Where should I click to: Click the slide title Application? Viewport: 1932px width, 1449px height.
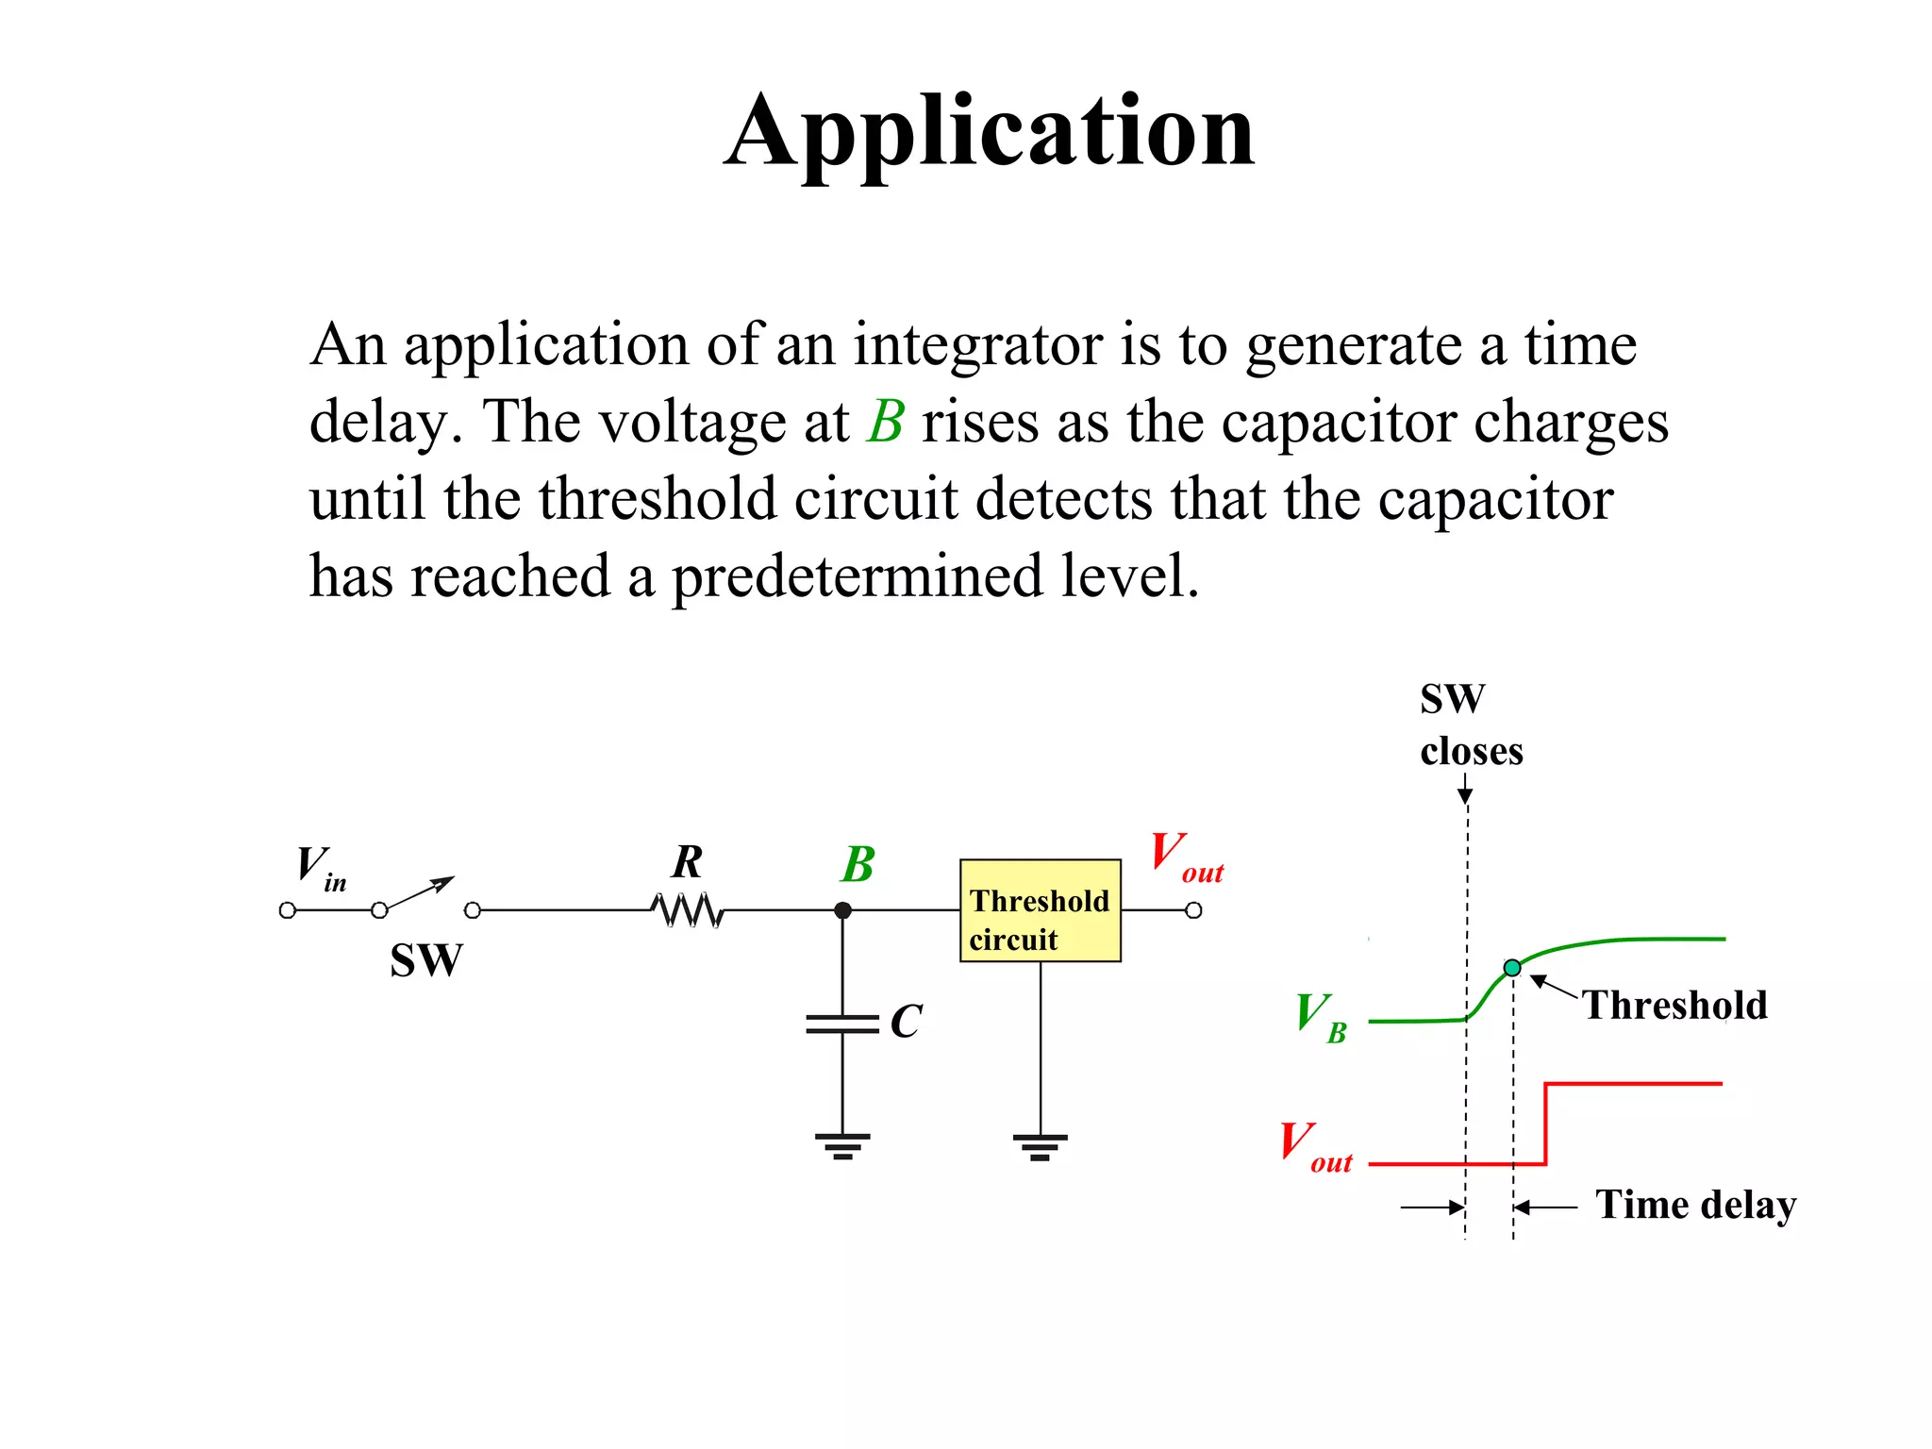click(x=990, y=132)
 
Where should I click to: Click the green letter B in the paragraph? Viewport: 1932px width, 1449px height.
click(x=886, y=422)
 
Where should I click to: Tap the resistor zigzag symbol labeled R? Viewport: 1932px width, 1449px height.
click(x=688, y=910)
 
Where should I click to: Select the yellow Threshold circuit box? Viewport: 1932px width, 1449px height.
click(x=1040, y=910)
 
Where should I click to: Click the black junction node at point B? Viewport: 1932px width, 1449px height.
click(x=842, y=910)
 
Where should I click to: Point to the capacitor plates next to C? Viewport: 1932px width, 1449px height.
click(x=842, y=1024)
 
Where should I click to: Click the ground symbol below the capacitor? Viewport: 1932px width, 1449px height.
click(x=842, y=1145)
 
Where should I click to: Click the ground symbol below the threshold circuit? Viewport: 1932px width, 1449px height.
click(x=1040, y=1145)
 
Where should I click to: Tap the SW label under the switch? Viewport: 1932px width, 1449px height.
click(x=426, y=961)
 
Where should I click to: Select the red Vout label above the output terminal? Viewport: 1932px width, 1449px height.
click(x=1186, y=857)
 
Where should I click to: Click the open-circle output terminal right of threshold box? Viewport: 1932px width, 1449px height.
click(x=1193, y=910)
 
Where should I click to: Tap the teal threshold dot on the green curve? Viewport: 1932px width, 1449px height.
click(x=1512, y=968)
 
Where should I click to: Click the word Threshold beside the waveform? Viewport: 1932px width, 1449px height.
click(x=1674, y=1006)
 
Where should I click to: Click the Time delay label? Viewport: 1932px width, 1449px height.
click(x=1695, y=1205)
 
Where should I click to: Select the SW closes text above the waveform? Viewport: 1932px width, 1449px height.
click(x=1470, y=725)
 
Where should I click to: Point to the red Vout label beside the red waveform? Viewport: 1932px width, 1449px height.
click(x=1315, y=1146)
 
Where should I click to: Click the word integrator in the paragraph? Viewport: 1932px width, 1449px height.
click(x=977, y=344)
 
